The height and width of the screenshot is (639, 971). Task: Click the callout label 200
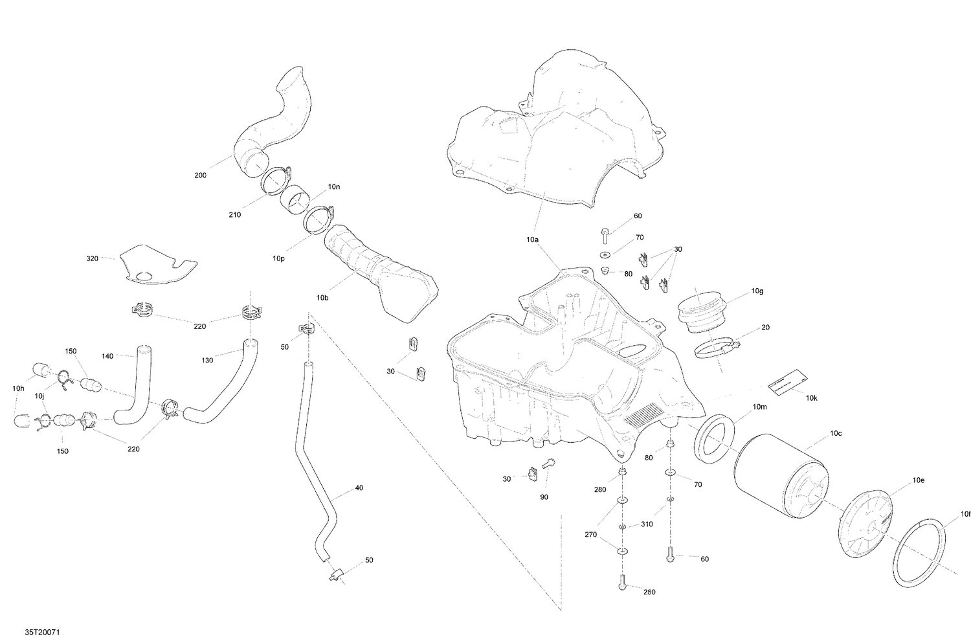pyautogui.click(x=201, y=175)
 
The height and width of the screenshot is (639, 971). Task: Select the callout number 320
pyautogui.click(x=92, y=258)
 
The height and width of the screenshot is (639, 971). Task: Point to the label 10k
pyautogui.click(x=812, y=398)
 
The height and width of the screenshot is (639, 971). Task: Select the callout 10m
pyautogui.click(x=759, y=407)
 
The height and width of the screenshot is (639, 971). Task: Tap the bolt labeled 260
pyautogui.click(x=622, y=581)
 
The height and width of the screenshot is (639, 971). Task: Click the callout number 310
pyautogui.click(x=647, y=524)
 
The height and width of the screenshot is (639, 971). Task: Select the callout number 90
pyautogui.click(x=543, y=497)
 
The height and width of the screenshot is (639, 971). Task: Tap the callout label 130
pyautogui.click(x=207, y=360)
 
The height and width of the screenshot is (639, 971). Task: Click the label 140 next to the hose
pyautogui.click(x=107, y=356)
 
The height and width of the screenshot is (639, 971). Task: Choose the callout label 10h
pyautogui.click(x=18, y=388)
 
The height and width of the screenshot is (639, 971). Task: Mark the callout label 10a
pyautogui.click(x=532, y=240)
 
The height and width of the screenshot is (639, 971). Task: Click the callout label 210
pyautogui.click(x=234, y=214)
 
